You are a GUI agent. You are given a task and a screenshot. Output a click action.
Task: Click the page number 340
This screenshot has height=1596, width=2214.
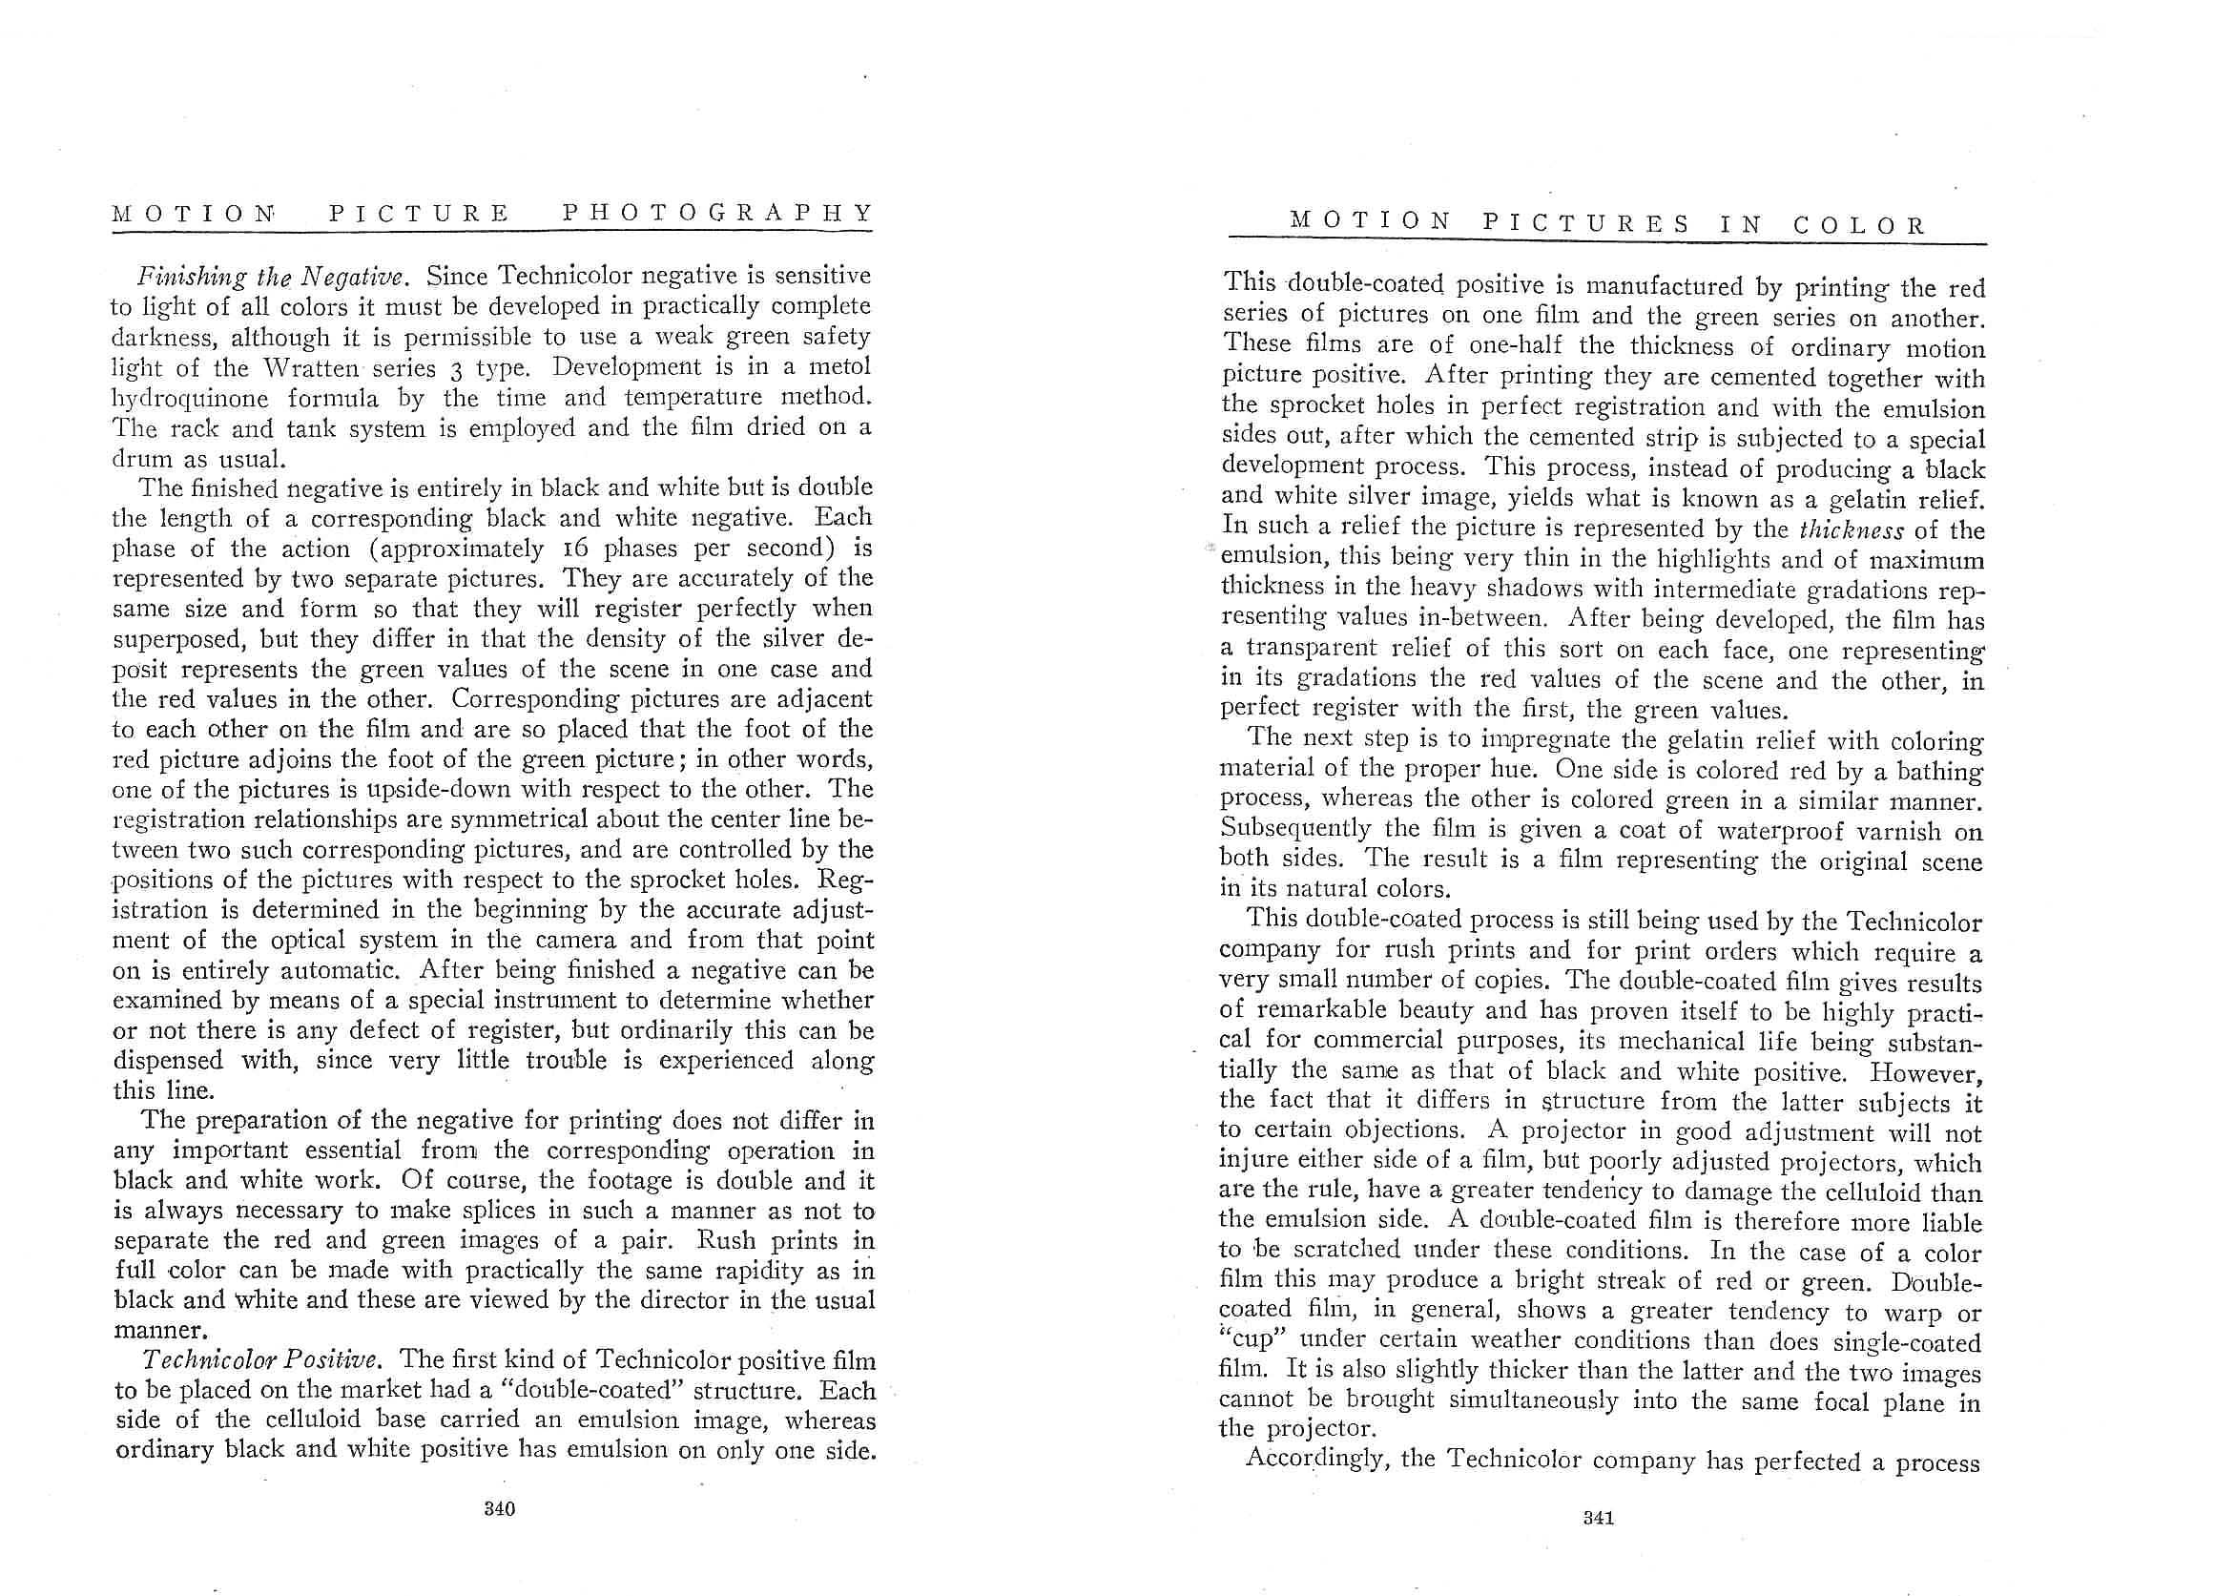(499, 1509)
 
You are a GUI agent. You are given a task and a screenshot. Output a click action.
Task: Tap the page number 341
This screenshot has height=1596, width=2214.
(1597, 1518)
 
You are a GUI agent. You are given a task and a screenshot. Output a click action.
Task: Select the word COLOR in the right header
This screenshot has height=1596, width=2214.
(1860, 225)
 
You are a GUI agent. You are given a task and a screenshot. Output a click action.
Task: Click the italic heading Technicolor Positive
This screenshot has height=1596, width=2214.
(259, 1359)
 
